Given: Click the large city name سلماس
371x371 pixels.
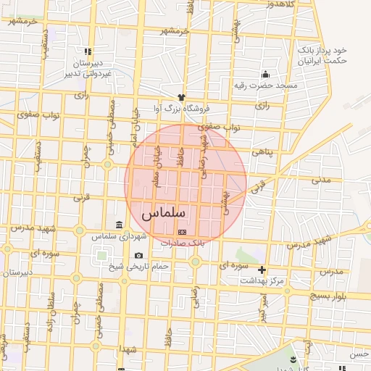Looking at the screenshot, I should click(164, 214).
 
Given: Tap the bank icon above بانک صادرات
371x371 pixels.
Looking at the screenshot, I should click(182, 232).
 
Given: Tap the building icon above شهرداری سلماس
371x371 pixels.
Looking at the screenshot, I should click(120, 225).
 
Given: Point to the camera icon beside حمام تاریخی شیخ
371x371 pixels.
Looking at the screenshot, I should click(138, 256).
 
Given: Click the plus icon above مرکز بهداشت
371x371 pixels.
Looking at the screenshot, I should click(262, 270).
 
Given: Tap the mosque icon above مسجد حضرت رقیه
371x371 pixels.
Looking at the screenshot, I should click(266, 74).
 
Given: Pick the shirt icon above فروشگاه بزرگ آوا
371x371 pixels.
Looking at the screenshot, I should click(181, 96).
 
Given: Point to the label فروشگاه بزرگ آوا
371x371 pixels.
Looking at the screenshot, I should click(180, 108).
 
